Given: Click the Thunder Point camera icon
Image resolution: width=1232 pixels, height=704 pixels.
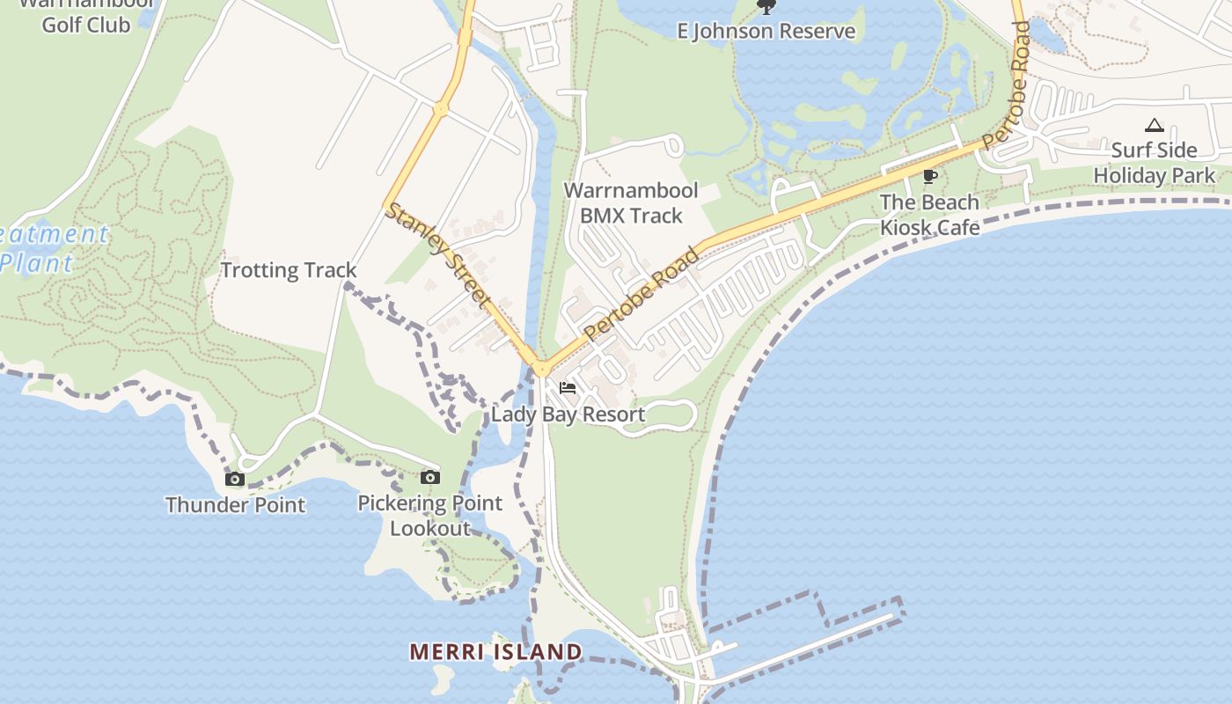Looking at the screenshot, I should [235, 480].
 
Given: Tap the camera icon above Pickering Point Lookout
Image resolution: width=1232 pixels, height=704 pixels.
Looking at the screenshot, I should [430, 478].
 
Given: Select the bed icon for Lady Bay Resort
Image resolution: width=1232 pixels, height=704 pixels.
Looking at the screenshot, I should [568, 388].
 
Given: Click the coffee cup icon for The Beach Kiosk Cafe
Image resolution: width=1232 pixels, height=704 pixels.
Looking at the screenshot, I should [929, 177].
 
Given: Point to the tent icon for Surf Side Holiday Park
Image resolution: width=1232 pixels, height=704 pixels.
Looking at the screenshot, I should [1155, 126].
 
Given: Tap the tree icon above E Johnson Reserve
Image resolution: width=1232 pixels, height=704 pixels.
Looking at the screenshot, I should [766, 7].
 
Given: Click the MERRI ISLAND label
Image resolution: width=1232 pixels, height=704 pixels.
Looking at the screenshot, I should [496, 652].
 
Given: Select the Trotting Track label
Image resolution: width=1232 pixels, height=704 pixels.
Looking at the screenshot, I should [289, 270].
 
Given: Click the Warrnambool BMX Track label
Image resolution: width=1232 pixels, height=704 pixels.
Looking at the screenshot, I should [631, 203].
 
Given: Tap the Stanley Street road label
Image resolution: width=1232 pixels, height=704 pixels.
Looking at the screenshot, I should [437, 254].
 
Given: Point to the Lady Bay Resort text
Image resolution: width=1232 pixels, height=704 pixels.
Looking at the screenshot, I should [568, 414].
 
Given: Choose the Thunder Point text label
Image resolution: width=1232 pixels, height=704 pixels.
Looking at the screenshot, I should [235, 505].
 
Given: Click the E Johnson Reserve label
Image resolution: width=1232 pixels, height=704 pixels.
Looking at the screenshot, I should [766, 32].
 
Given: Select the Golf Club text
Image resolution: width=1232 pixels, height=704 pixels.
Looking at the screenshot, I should [86, 25].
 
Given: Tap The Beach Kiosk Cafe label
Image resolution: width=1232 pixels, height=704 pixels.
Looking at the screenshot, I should [930, 215].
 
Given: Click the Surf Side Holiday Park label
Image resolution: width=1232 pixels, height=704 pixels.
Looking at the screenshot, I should [1155, 163].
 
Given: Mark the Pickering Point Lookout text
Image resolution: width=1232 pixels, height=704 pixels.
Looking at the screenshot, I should [430, 516].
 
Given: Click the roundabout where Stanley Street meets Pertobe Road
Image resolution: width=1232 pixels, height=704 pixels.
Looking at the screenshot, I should [540, 368].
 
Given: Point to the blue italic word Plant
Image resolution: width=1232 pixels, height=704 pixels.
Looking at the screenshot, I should [37, 262].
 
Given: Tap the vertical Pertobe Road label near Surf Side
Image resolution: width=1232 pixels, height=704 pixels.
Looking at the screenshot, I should [1008, 84].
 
